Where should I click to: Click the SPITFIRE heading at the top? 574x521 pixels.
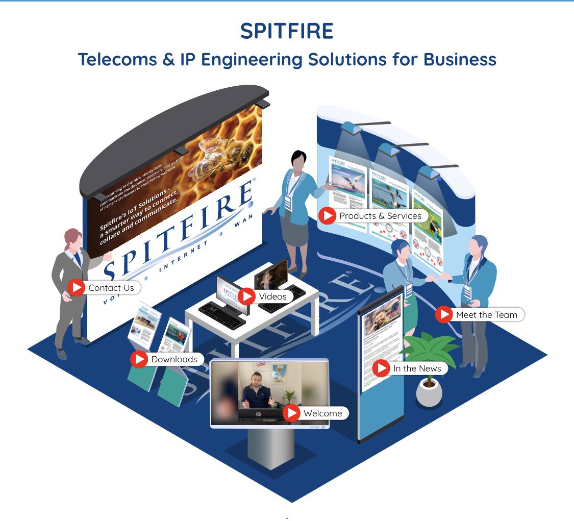(x=287, y=32)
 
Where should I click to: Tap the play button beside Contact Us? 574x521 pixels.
(x=77, y=288)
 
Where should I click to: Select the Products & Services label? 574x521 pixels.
(x=380, y=216)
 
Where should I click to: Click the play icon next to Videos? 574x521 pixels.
(x=247, y=296)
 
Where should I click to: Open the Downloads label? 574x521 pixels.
(x=174, y=359)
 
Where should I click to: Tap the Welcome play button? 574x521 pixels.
(x=292, y=413)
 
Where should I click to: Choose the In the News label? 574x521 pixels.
(x=417, y=368)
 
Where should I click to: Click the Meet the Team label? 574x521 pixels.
(x=486, y=315)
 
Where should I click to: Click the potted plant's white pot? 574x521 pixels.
(x=429, y=393)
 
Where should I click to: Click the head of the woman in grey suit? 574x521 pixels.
(x=72, y=238)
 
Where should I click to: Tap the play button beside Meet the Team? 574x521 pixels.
(x=444, y=315)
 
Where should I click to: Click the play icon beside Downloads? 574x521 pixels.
(x=139, y=359)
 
